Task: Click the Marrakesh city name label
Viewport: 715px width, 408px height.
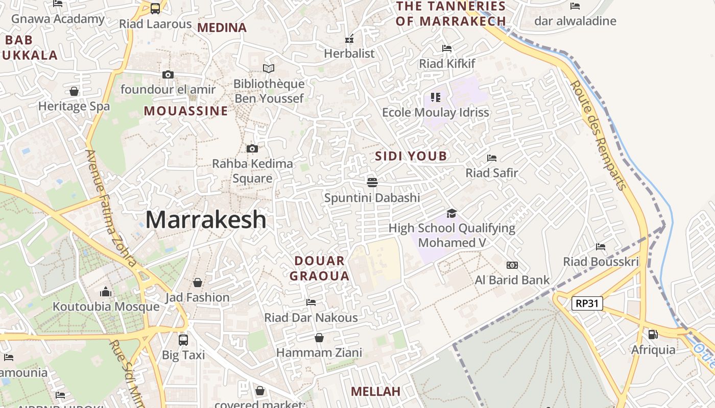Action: click(206, 220)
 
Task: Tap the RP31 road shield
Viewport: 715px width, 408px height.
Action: click(587, 303)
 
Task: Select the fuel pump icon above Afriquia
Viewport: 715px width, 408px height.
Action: click(653, 335)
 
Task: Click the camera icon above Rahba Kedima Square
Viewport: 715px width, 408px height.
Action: click(252, 148)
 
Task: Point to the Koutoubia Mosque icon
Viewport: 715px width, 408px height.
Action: click(106, 292)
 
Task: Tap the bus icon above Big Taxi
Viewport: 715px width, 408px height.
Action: click(183, 340)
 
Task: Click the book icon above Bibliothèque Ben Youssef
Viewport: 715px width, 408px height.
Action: click(268, 68)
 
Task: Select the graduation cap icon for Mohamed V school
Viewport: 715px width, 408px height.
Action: click(451, 213)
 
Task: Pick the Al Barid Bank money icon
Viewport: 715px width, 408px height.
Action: click(512, 265)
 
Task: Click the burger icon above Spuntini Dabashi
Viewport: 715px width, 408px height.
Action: click(372, 182)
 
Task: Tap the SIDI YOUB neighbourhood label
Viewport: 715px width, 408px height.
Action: click(411, 156)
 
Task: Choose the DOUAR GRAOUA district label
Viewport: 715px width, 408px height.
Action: click(320, 269)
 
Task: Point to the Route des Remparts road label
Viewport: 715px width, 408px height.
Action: click(598, 135)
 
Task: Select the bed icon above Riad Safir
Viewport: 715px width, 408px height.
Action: click(491, 158)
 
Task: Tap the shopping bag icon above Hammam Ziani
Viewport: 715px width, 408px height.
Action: click(319, 338)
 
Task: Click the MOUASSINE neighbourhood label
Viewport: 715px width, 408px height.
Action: click(186, 111)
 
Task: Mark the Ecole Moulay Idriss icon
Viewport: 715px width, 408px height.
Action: click(435, 97)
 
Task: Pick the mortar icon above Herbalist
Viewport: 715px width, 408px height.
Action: click(349, 38)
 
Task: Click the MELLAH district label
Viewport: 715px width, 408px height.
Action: click(375, 392)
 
